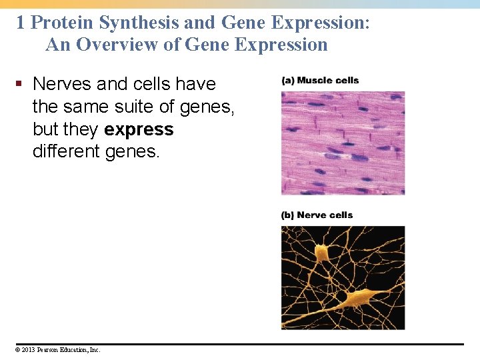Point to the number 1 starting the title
[x=21, y=23]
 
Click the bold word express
[x=139, y=129]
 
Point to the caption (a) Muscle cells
[x=320, y=81]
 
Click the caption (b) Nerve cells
[x=317, y=215]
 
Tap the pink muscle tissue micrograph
[x=343, y=143]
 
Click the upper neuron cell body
[x=322, y=253]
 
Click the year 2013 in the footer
[x=28, y=349]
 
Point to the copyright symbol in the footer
[x=18, y=349]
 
